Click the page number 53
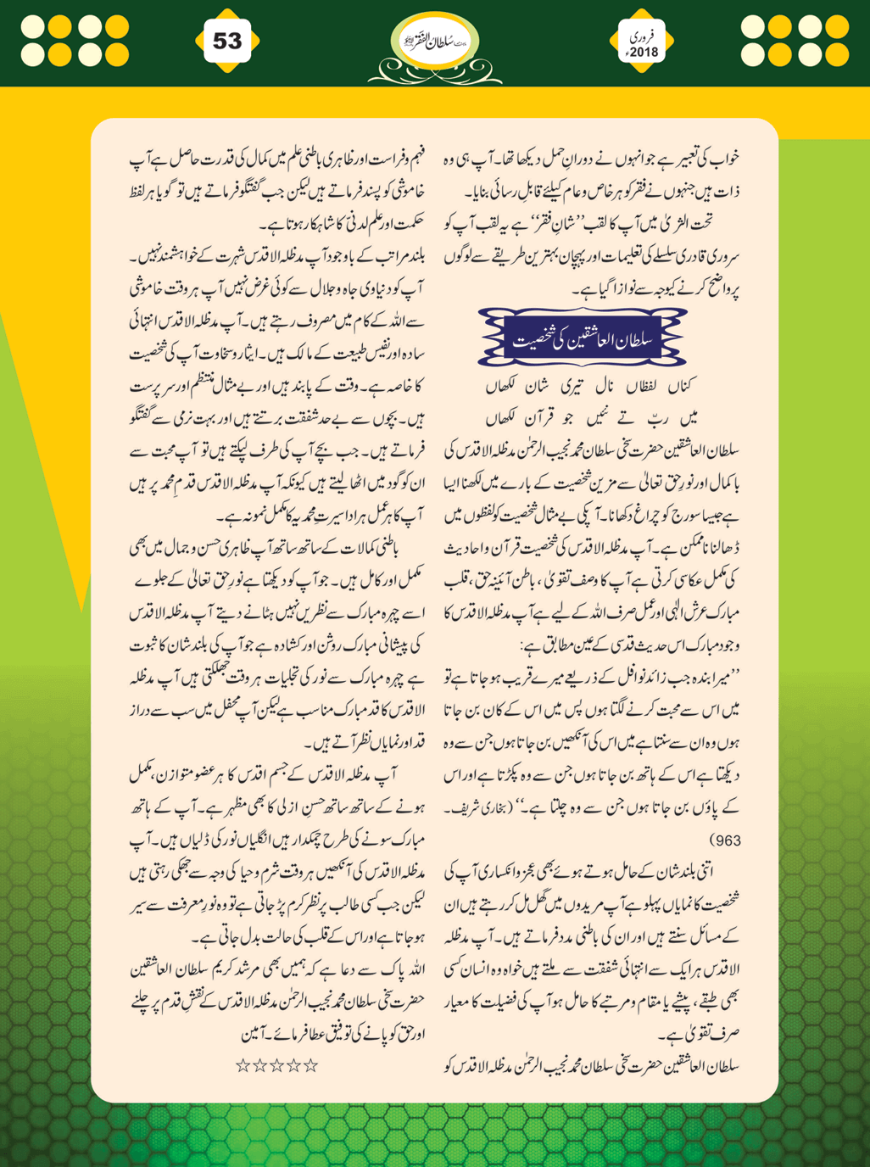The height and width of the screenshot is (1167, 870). pyautogui.click(x=226, y=41)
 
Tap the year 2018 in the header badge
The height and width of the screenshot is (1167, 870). pyautogui.click(x=644, y=52)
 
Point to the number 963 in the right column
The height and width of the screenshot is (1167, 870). pyautogui.click(x=723, y=840)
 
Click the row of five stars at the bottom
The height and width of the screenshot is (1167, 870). pyautogui.click(x=276, y=1065)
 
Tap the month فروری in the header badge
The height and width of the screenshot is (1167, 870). pyautogui.click(x=644, y=36)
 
